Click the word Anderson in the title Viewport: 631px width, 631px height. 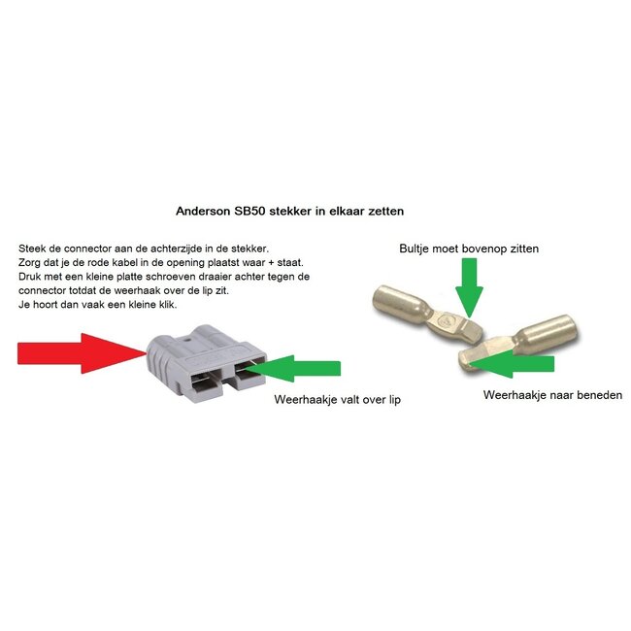click(205, 209)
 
